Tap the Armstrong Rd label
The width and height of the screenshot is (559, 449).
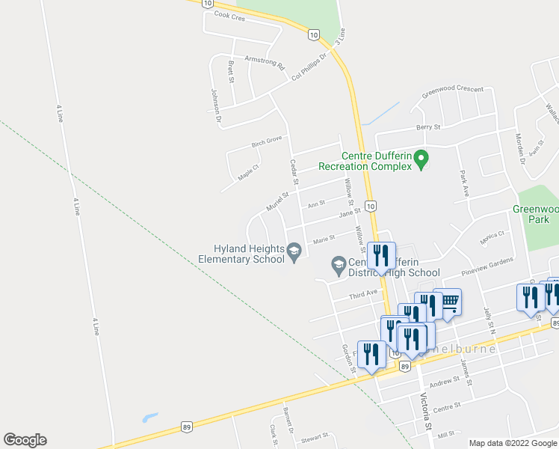[265, 64]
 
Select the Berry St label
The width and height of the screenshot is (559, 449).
[429, 127]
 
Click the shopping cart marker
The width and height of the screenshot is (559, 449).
[449, 302]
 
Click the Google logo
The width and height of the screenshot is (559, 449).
[25, 440]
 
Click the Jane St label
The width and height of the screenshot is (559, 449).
[350, 213]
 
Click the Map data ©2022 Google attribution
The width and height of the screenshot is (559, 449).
[513, 443]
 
